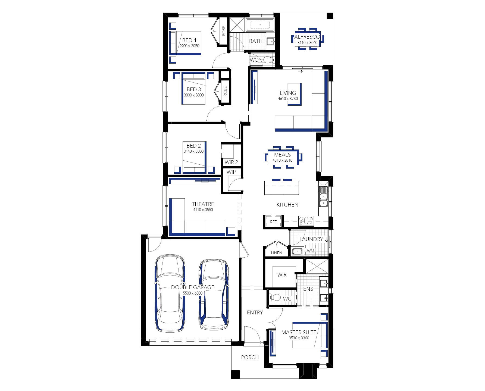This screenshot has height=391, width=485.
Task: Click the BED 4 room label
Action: coord(189,40)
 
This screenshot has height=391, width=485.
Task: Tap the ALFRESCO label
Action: coord(307,37)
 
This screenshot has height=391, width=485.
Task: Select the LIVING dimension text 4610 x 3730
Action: coord(288,99)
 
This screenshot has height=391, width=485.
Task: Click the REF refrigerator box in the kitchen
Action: coord(273,222)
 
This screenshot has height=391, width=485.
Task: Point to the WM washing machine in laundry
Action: coord(311,251)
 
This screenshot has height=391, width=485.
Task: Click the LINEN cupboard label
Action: coord(277,253)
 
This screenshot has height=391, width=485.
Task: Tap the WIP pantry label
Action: coord(231,172)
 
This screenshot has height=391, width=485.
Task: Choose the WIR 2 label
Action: coord(231,162)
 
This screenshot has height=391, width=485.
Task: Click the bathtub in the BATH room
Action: coord(260,25)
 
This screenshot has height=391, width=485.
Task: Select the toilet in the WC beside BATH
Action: coord(268,60)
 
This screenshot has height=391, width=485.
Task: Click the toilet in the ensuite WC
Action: coord(275,297)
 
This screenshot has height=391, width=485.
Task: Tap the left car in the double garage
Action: coord(170,293)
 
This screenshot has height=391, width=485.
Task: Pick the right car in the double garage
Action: coord(214,295)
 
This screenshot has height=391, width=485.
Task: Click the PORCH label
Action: coord(250,357)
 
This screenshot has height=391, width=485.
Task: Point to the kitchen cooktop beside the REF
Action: coord(306,221)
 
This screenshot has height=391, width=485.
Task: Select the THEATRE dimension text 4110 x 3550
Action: coord(203,210)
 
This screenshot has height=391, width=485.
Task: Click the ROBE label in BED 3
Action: coord(225,91)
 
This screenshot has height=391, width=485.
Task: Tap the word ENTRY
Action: coord(255,312)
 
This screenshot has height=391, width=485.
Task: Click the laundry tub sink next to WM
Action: coord(298,252)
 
